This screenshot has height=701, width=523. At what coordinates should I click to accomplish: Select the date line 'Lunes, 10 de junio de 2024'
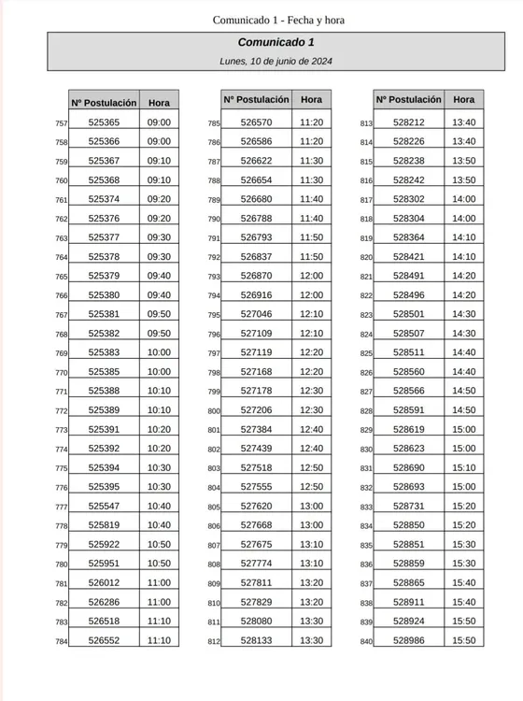276,61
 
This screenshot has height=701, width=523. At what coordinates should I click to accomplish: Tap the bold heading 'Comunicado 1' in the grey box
276,43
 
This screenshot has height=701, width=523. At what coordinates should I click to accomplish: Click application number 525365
104,122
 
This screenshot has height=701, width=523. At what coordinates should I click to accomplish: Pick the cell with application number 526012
104,582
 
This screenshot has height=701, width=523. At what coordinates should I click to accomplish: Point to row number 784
61,641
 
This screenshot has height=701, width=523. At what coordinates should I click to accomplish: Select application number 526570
256,122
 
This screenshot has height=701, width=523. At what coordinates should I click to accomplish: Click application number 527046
256,314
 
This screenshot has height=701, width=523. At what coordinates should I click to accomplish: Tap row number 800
213,411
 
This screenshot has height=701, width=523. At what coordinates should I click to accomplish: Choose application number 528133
256,640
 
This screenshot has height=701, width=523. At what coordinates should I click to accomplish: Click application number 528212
408,122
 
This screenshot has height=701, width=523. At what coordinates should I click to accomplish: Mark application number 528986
408,640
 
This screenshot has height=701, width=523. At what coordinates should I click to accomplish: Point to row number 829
366,430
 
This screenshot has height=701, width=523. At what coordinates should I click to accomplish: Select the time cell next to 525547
159,506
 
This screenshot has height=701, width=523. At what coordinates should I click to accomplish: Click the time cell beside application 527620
311,506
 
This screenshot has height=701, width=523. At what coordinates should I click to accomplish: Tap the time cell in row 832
463,487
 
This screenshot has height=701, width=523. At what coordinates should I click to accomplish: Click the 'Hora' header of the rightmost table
463,99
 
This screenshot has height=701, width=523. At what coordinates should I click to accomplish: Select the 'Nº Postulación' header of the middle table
256,99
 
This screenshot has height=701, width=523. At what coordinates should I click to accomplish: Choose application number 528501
408,314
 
